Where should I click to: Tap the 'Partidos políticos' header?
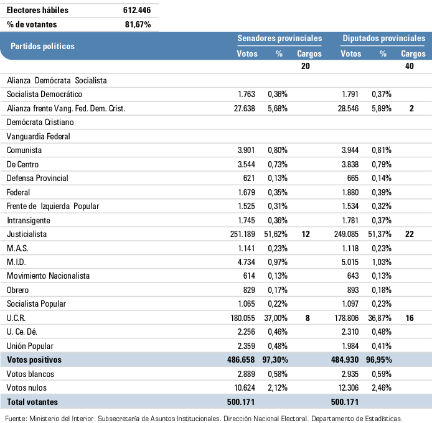[x=42, y=46]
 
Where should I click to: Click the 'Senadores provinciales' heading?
[x=279, y=39]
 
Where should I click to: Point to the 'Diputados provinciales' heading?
[x=383, y=39]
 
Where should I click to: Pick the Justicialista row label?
[x=27, y=235]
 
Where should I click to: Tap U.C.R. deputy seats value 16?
[x=409, y=318]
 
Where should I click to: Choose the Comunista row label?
[x=24, y=151]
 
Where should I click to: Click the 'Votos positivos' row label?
[x=34, y=360]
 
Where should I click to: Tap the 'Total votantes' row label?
[x=32, y=402]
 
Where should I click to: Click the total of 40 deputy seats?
[x=409, y=67]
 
